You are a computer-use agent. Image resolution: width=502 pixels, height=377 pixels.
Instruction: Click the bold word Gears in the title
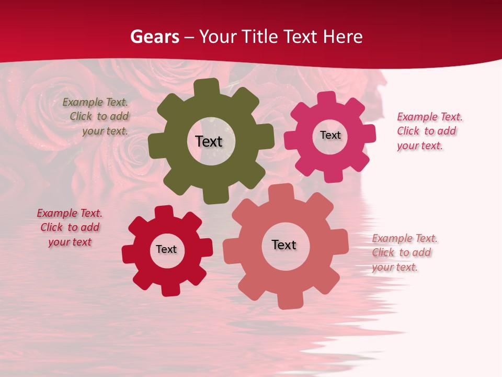(x=154, y=37)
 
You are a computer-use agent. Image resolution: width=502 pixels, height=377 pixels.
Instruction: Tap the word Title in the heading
(x=259, y=37)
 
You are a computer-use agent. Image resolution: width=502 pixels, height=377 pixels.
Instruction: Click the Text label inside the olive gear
(x=209, y=141)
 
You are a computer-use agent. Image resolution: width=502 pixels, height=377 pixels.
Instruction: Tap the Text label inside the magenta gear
(x=330, y=135)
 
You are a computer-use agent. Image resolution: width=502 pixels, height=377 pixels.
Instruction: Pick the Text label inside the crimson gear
(x=166, y=249)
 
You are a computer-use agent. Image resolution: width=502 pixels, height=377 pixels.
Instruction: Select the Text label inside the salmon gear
(x=284, y=245)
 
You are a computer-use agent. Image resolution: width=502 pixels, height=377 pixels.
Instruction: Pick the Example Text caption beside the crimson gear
(x=70, y=227)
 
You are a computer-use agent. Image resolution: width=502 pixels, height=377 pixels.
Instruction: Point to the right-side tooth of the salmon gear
(x=340, y=241)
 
